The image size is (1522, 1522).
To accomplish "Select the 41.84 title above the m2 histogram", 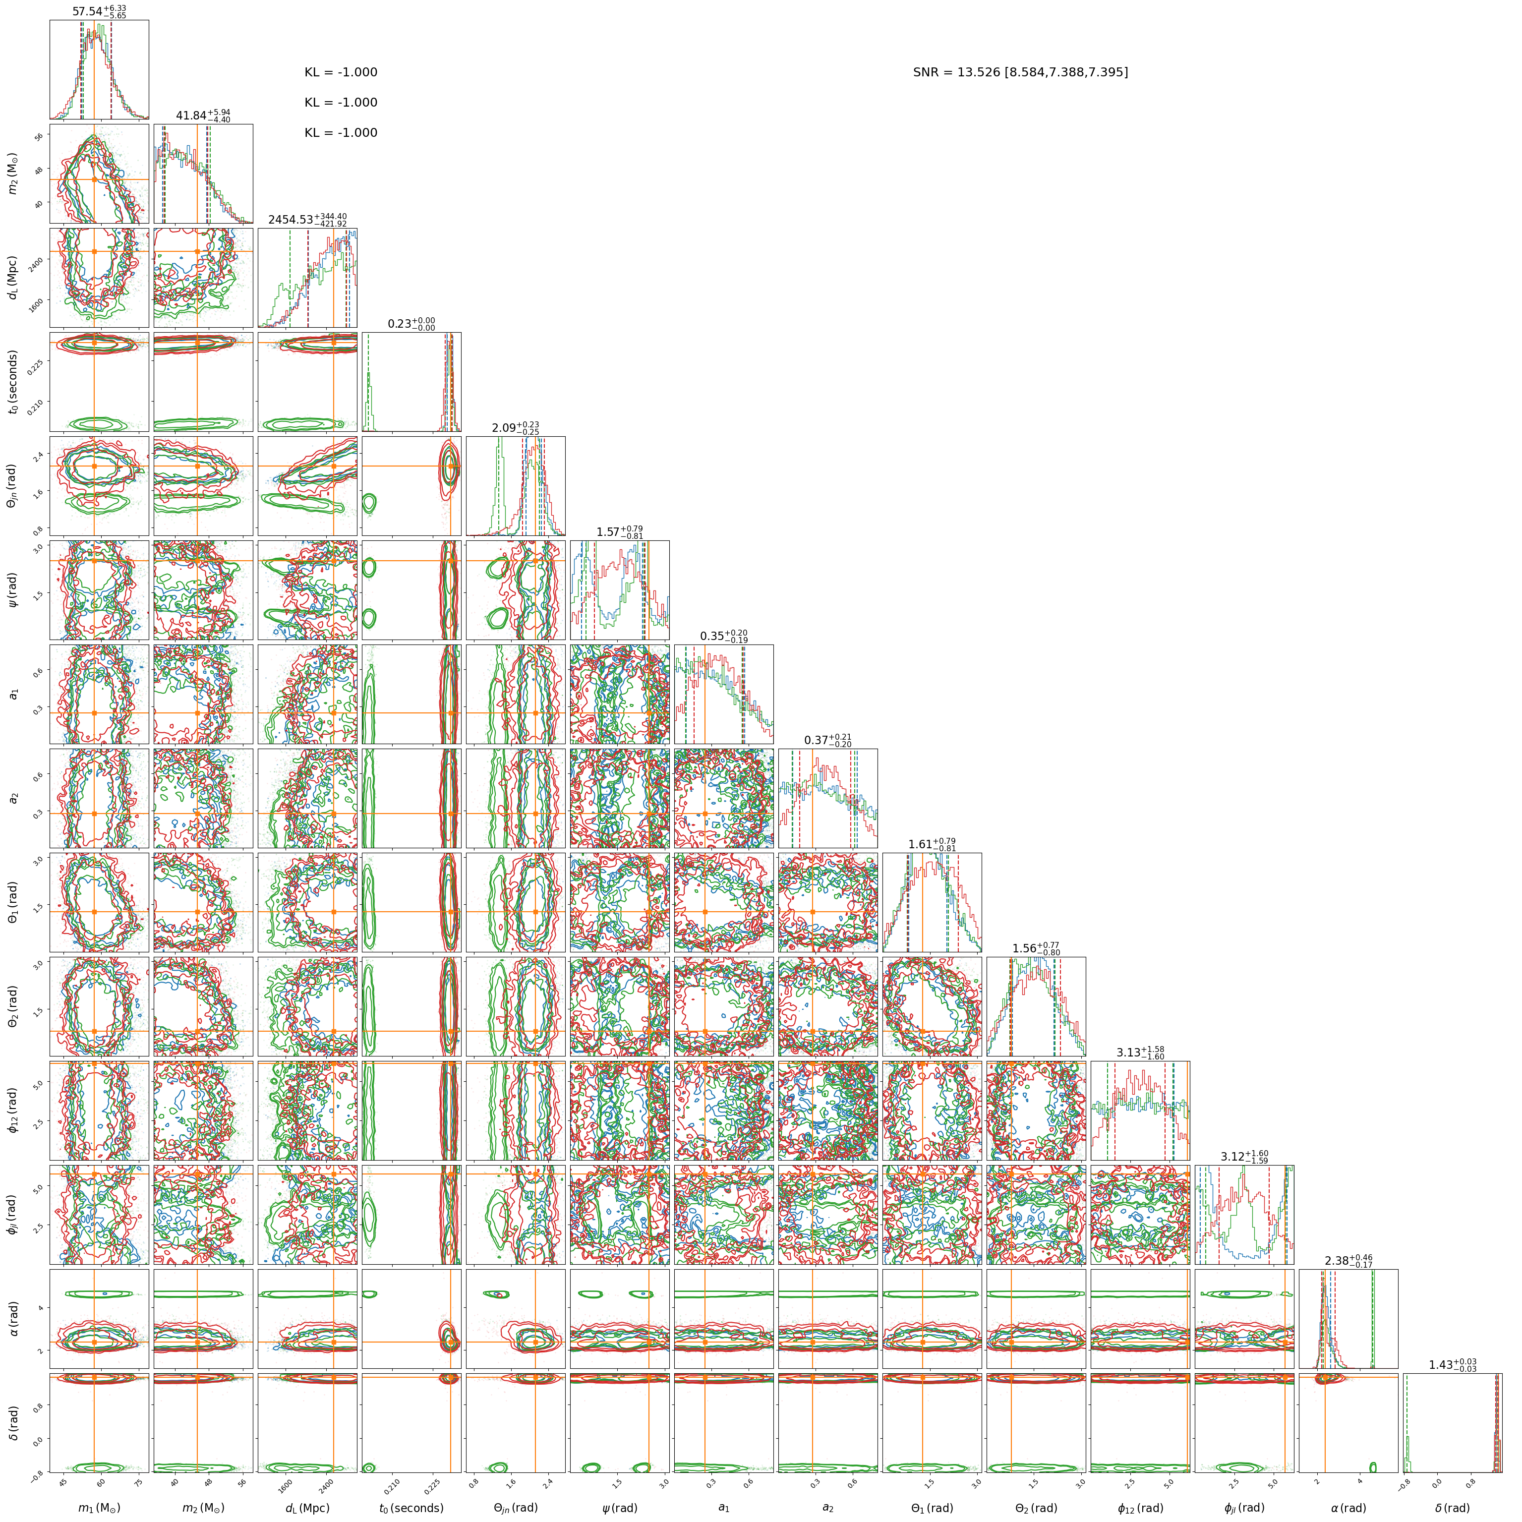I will pos(202,116).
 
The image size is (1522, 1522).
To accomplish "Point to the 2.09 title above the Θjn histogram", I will pos(515,428).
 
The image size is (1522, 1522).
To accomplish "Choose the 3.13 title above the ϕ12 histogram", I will pos(1140,1053).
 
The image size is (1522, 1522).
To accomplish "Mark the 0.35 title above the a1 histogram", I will pos(723,637).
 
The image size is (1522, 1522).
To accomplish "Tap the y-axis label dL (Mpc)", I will pos(12,277).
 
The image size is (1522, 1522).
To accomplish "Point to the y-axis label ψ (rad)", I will pos(12,590).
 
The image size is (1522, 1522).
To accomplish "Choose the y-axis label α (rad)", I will pos(12,1318).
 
